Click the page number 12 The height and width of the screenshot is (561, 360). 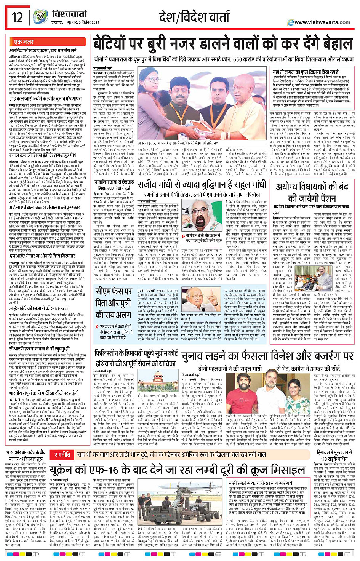click(17, 18)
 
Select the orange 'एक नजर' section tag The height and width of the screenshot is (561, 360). click(24, 42)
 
